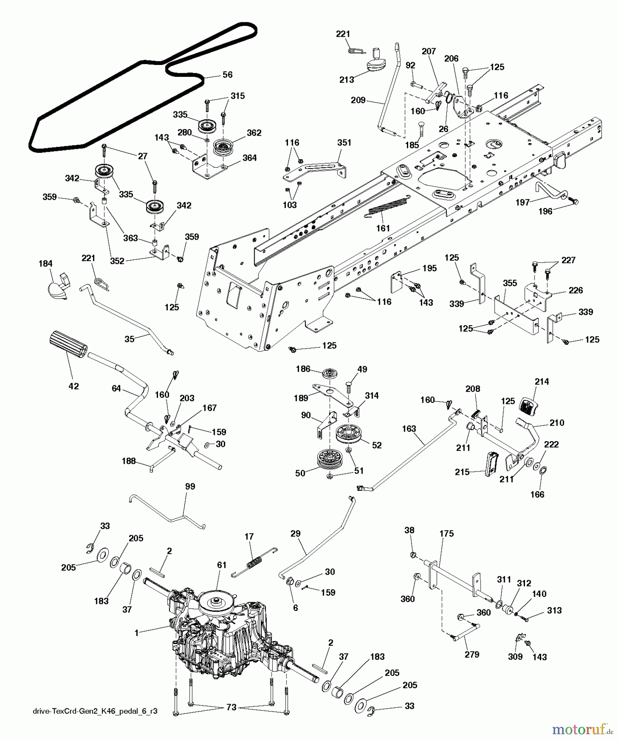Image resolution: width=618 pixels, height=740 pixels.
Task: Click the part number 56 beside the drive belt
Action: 227,74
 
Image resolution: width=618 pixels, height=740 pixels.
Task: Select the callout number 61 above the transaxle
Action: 222,565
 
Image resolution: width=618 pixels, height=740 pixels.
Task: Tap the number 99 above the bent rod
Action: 190,486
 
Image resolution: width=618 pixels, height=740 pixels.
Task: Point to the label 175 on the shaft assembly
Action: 446,534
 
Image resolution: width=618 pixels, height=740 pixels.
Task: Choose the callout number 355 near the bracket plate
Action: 510,283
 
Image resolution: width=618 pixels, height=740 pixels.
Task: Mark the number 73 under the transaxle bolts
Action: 232,707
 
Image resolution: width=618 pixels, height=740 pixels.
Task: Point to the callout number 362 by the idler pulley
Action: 254,133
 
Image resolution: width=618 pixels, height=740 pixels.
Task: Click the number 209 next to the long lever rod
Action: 358,100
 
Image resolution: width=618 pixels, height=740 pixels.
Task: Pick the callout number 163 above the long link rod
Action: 409,429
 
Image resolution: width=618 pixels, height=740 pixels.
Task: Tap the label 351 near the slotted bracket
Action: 344,143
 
